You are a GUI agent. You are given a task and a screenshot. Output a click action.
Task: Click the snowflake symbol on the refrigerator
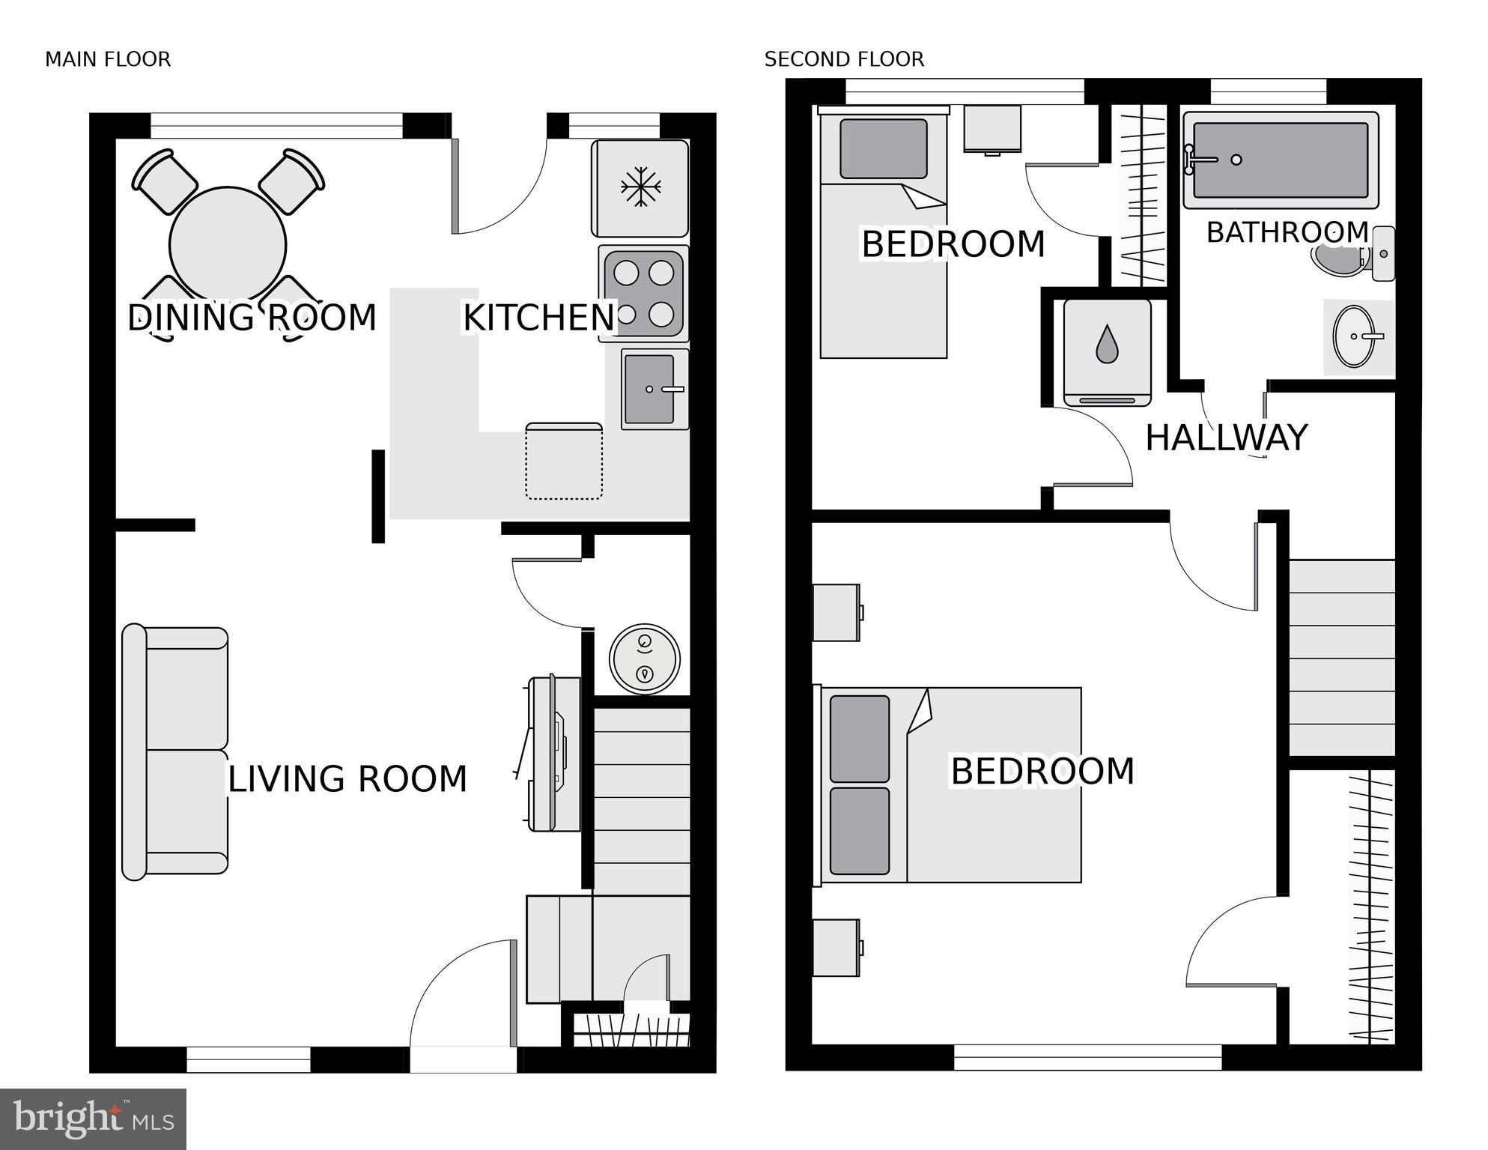pos(640,187)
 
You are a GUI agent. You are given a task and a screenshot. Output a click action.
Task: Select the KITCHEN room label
pos(538,318)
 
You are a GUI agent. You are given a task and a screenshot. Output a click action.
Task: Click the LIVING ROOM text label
pos(347,779)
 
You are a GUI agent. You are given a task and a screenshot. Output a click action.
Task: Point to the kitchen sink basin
pos(649,389)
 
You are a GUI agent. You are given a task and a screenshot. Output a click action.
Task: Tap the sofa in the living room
pos(177,751)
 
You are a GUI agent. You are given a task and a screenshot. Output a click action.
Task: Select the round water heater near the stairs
pos(644,659)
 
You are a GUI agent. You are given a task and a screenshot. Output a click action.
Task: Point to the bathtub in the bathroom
pos(1281,160)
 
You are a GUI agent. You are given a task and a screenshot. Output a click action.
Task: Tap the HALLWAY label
pos(1226,438)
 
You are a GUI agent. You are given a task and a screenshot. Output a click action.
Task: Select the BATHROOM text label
pos(1287,232)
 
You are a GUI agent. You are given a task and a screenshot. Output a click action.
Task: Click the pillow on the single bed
pos(883,148)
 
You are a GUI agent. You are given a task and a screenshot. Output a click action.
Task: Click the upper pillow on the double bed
pos(860,739)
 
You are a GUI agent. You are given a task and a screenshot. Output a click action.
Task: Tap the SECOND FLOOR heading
pos(844,59)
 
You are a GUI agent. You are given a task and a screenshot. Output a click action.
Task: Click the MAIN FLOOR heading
pos(108,59)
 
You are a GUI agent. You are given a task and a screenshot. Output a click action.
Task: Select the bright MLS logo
pos(93,1119)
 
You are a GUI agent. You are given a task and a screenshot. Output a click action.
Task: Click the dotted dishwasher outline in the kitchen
pos(564,461)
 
